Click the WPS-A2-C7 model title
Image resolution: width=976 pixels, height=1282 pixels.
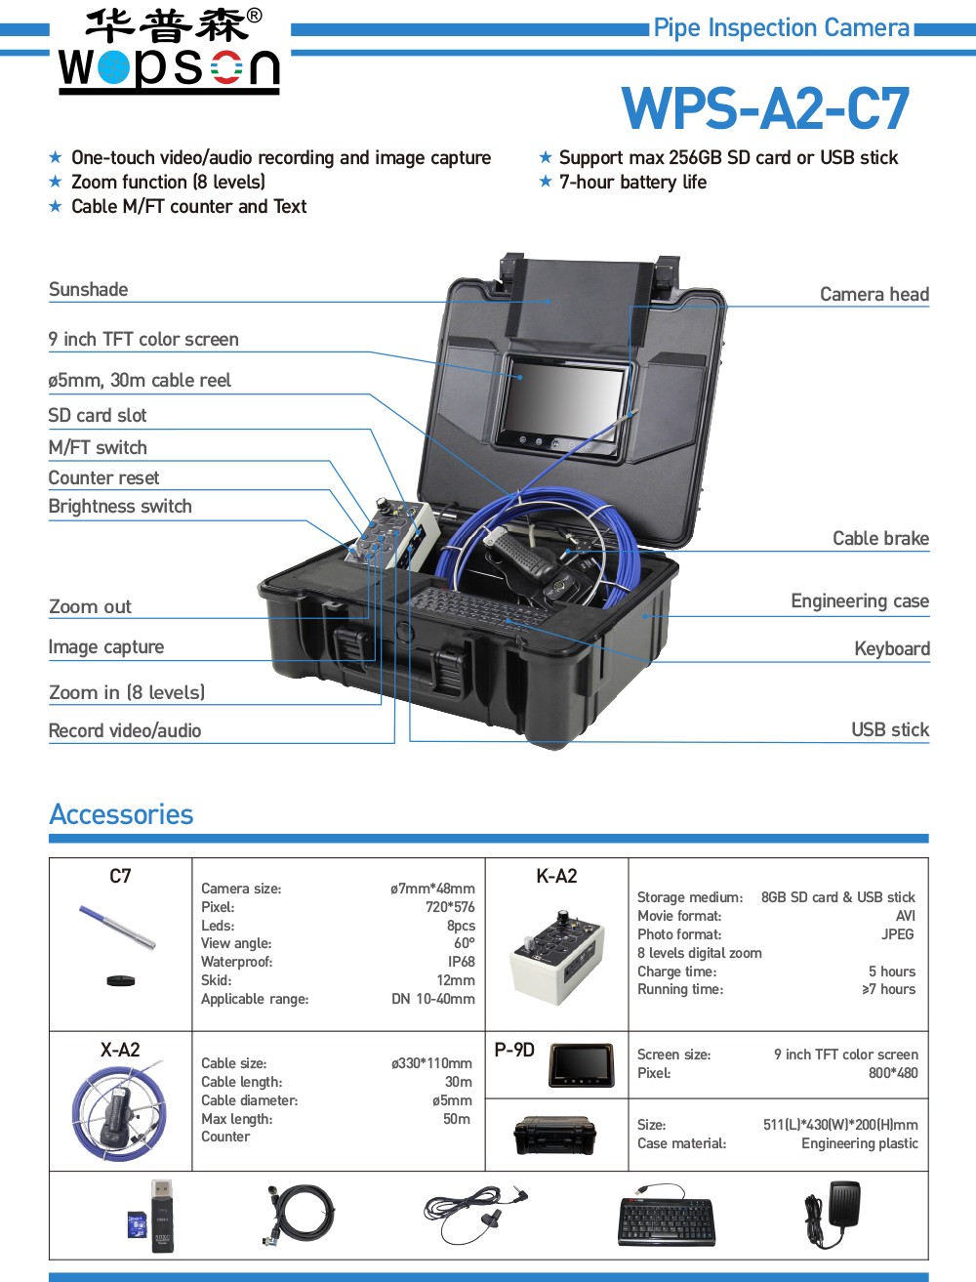765,108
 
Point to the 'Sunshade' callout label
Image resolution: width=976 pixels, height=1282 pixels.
89,290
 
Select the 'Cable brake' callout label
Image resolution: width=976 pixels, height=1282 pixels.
880,538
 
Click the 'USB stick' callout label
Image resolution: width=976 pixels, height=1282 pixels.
889,729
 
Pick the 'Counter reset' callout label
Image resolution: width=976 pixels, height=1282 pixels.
103,477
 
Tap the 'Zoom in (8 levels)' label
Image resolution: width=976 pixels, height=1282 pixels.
127,692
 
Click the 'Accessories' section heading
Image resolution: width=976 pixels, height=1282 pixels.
121,814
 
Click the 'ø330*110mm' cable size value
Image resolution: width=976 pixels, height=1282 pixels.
431,1063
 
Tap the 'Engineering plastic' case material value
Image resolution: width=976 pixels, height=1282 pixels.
859,1143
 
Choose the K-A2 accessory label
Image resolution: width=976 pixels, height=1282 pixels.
556,876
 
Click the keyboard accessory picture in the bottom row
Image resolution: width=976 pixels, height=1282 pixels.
666,1217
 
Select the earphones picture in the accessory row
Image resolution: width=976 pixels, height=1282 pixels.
476,1213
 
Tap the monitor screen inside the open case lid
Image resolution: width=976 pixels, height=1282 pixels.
562,400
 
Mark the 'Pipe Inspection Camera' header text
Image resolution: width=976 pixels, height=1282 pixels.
781,28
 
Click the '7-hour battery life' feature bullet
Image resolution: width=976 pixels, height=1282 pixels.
632,183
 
